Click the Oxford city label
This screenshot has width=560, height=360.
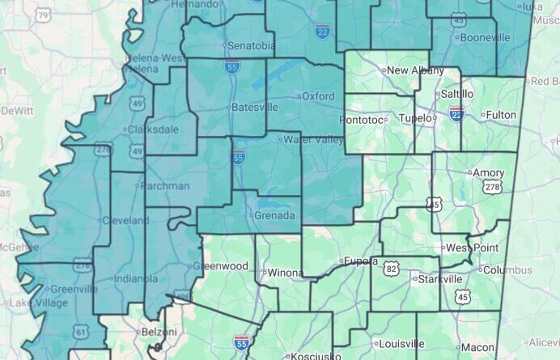click(317, 96)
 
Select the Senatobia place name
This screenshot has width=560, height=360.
click(249, 44)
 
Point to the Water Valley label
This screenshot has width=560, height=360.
click(312, 139)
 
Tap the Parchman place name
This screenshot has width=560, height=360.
click(165, 185)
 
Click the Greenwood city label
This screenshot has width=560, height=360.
click(224, 265)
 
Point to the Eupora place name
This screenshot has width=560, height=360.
click(360, 261)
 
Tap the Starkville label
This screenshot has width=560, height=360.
click(440, 279)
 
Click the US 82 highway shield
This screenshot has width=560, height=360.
click(391, 268)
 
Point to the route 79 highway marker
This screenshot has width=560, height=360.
click(43, 15)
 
